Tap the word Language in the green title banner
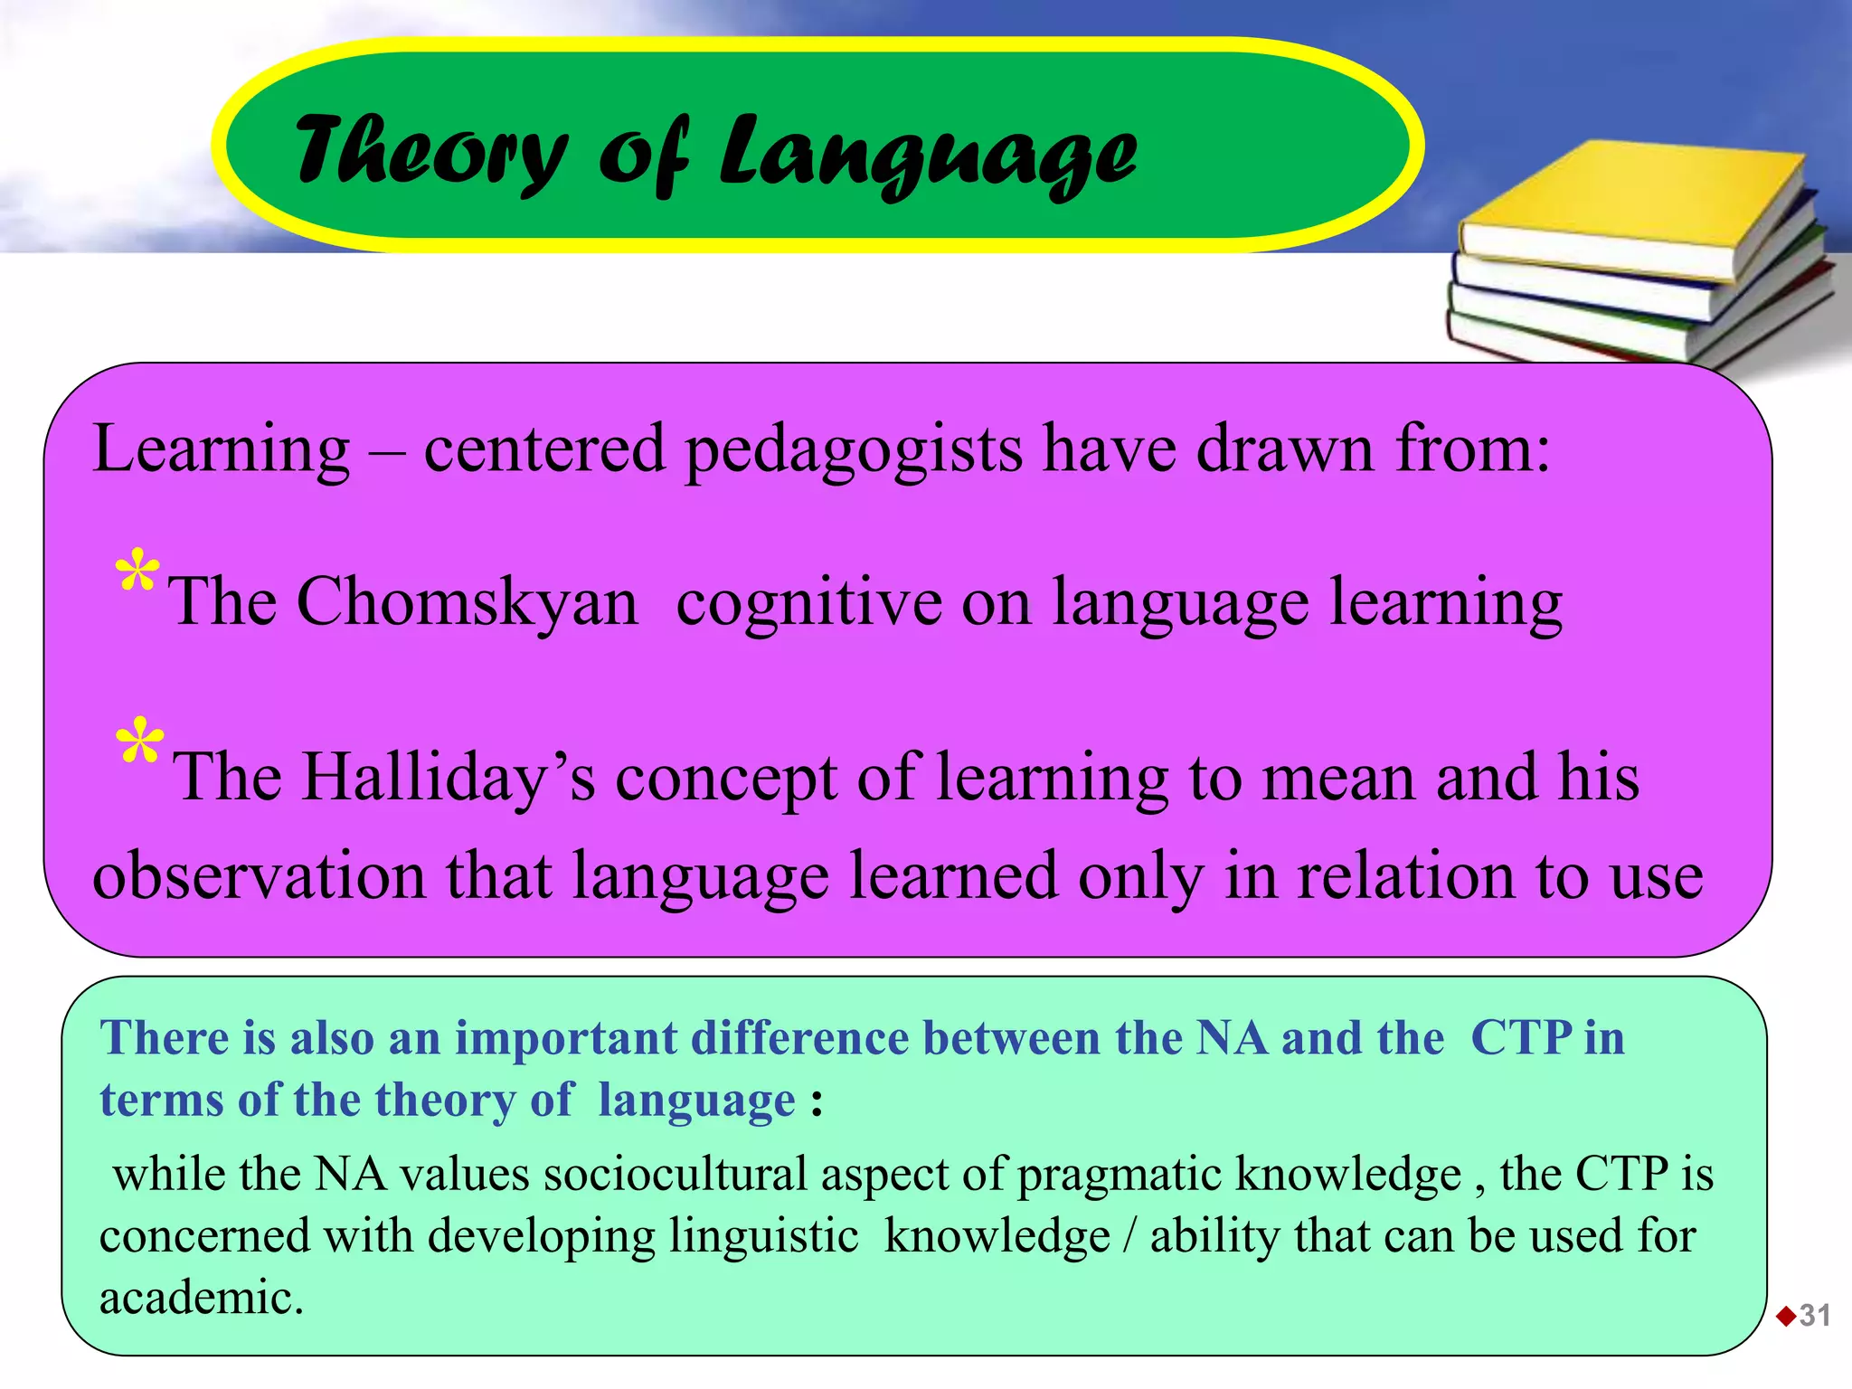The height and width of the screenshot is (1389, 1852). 928,154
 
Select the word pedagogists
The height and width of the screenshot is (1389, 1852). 854,449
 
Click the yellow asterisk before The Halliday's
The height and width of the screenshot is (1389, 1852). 139,744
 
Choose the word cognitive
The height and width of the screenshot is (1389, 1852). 808,601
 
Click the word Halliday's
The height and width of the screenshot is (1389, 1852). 448,777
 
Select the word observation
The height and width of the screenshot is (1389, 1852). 259,875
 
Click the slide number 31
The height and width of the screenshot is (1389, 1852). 1815,1315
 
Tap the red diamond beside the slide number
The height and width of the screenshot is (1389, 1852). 1786,1316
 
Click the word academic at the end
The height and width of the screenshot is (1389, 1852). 201,1298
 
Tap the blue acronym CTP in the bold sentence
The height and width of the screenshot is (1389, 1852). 1522,1037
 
